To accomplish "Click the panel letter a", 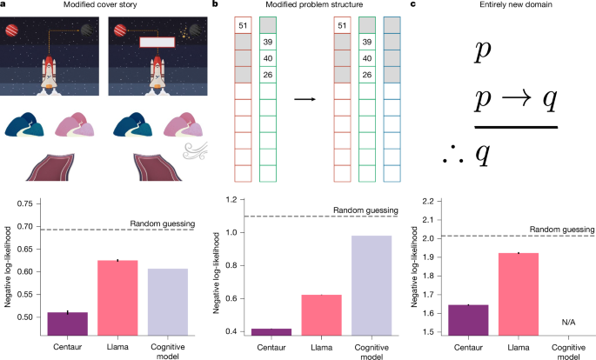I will (4, 5).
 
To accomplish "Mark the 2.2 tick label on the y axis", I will (425, 199).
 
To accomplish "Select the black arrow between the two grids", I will (304, 99).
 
